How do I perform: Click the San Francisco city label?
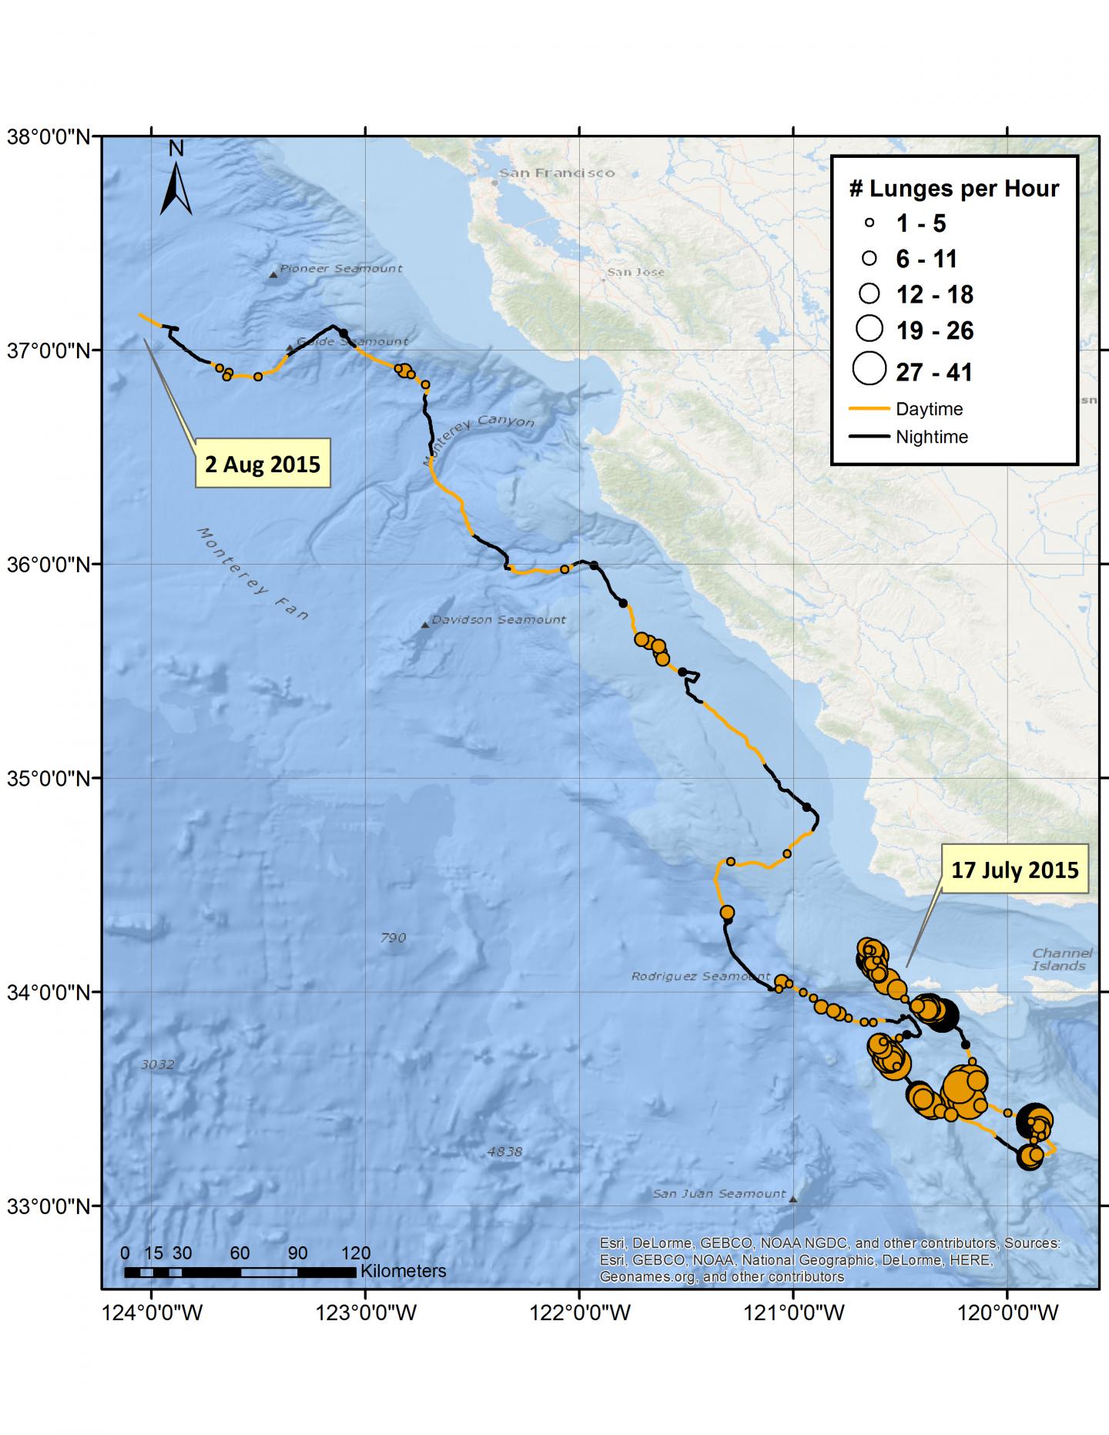(556, 173)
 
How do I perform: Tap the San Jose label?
(635, 272)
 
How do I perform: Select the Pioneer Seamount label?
(340, 269)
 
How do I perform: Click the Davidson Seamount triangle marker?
(425, 625)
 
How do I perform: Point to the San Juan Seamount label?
(719, 1194)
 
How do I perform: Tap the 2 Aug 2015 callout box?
(263, 464)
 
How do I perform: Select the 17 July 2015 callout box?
(1014, 870)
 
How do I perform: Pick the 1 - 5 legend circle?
(869, 223)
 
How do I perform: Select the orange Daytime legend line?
(869, 409)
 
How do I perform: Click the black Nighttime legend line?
(869, 437)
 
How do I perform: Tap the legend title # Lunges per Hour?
(953, 189)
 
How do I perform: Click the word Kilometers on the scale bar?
(403, 1272)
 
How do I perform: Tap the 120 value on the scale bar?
(355, 1252)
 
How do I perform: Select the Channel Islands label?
(1061, 960)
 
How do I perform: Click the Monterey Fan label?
(253, 574)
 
